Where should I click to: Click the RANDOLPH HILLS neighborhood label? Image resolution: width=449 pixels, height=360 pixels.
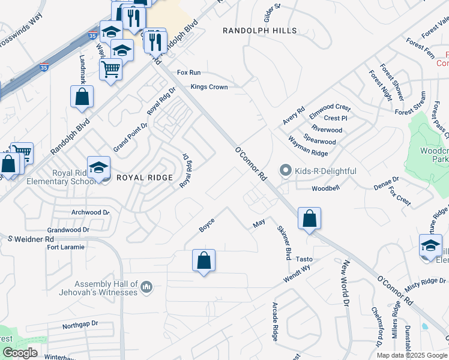[259, 31]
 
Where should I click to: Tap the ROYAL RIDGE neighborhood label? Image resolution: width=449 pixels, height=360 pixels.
[145, 178]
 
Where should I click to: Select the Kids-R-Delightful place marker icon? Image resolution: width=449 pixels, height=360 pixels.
[286, 171]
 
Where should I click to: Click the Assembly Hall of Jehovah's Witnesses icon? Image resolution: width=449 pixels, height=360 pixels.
[146, 289]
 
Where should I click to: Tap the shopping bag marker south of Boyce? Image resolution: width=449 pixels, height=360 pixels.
[203, 261]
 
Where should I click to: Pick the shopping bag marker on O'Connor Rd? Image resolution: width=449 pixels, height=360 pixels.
[309, 219]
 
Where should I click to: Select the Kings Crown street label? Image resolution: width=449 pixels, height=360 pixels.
[209, 87]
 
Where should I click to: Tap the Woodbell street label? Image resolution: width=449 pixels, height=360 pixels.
[326, 188]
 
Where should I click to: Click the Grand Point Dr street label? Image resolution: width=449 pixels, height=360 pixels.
[130, 137]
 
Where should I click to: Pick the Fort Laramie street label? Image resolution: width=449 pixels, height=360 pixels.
[66, 247]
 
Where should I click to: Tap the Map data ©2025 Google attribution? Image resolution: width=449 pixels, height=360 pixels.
[411, 355]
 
